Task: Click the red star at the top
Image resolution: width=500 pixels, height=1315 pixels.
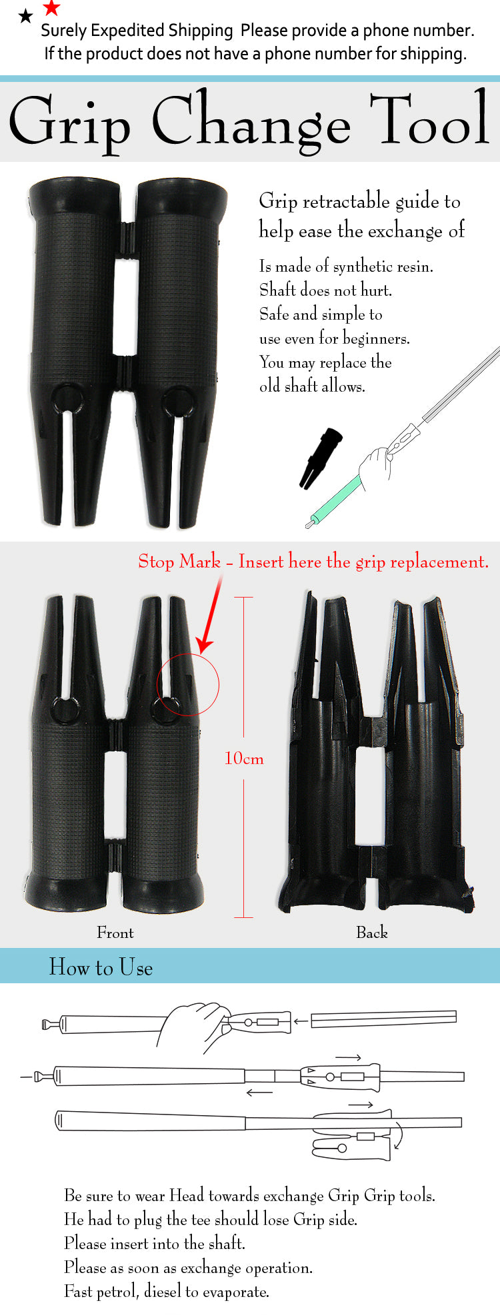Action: (51, 8)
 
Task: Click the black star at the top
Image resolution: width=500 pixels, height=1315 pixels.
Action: (25, 16)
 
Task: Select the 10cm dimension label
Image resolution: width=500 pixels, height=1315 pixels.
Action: (244, 758)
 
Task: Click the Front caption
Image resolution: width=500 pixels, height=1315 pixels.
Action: (115, 933)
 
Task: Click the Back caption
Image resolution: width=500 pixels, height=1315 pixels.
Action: (372, 933)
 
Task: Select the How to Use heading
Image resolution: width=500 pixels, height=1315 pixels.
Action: (101, 967)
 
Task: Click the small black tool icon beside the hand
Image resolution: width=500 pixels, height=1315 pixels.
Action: (321, 458)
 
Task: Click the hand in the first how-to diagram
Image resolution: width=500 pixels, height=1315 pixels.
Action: (196, 1027)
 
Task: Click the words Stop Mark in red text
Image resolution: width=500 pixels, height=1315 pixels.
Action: (179, 562)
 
